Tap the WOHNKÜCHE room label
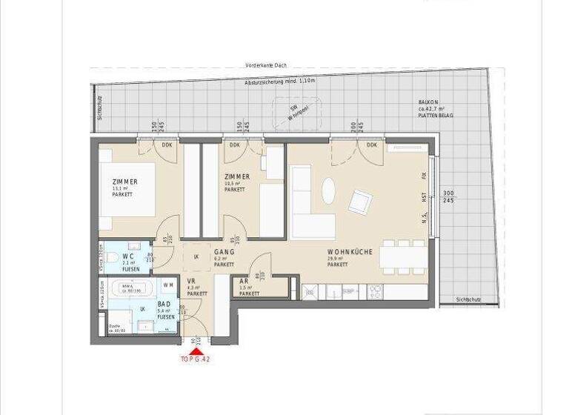[x=349, y=252]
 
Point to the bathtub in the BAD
[x=132, y=288]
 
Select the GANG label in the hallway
[x=224, y=252]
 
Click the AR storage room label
[x=244, y=282]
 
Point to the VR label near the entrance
[x=191, y=282]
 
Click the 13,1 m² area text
[x=119, y=189]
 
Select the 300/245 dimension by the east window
[x=448, y=196]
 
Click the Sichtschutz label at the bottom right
[x=473, y=299]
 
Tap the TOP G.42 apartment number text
[x=196, y=359]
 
